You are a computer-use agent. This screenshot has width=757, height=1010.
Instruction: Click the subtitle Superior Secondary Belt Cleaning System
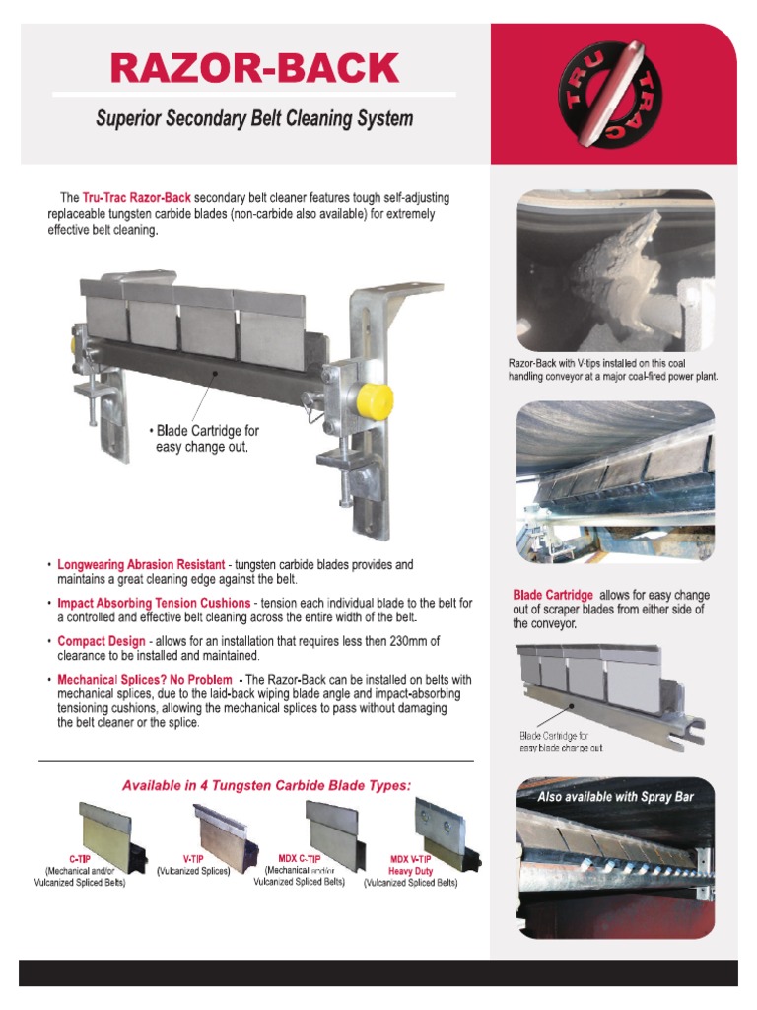(254, 119)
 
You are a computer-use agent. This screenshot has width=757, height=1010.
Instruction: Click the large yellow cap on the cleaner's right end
(375, 400)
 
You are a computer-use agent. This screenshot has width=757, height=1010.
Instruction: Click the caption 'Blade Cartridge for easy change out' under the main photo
(204, 439)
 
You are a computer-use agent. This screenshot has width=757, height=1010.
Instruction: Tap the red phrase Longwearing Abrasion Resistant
(142, 565)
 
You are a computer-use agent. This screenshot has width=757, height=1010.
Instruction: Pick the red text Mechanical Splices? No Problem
(145, 680)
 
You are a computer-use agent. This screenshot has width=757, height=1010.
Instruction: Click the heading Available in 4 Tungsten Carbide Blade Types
(266, 786)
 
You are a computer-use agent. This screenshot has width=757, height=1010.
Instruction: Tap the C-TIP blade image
(103, 830)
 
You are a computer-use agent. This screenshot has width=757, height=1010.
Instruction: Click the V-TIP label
(192, 859)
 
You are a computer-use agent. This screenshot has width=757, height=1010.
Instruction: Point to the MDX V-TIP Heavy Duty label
(411, 865)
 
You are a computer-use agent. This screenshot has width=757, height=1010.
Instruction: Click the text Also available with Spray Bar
(616, 797)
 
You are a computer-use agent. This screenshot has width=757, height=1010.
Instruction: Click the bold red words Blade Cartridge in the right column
(553, 595)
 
